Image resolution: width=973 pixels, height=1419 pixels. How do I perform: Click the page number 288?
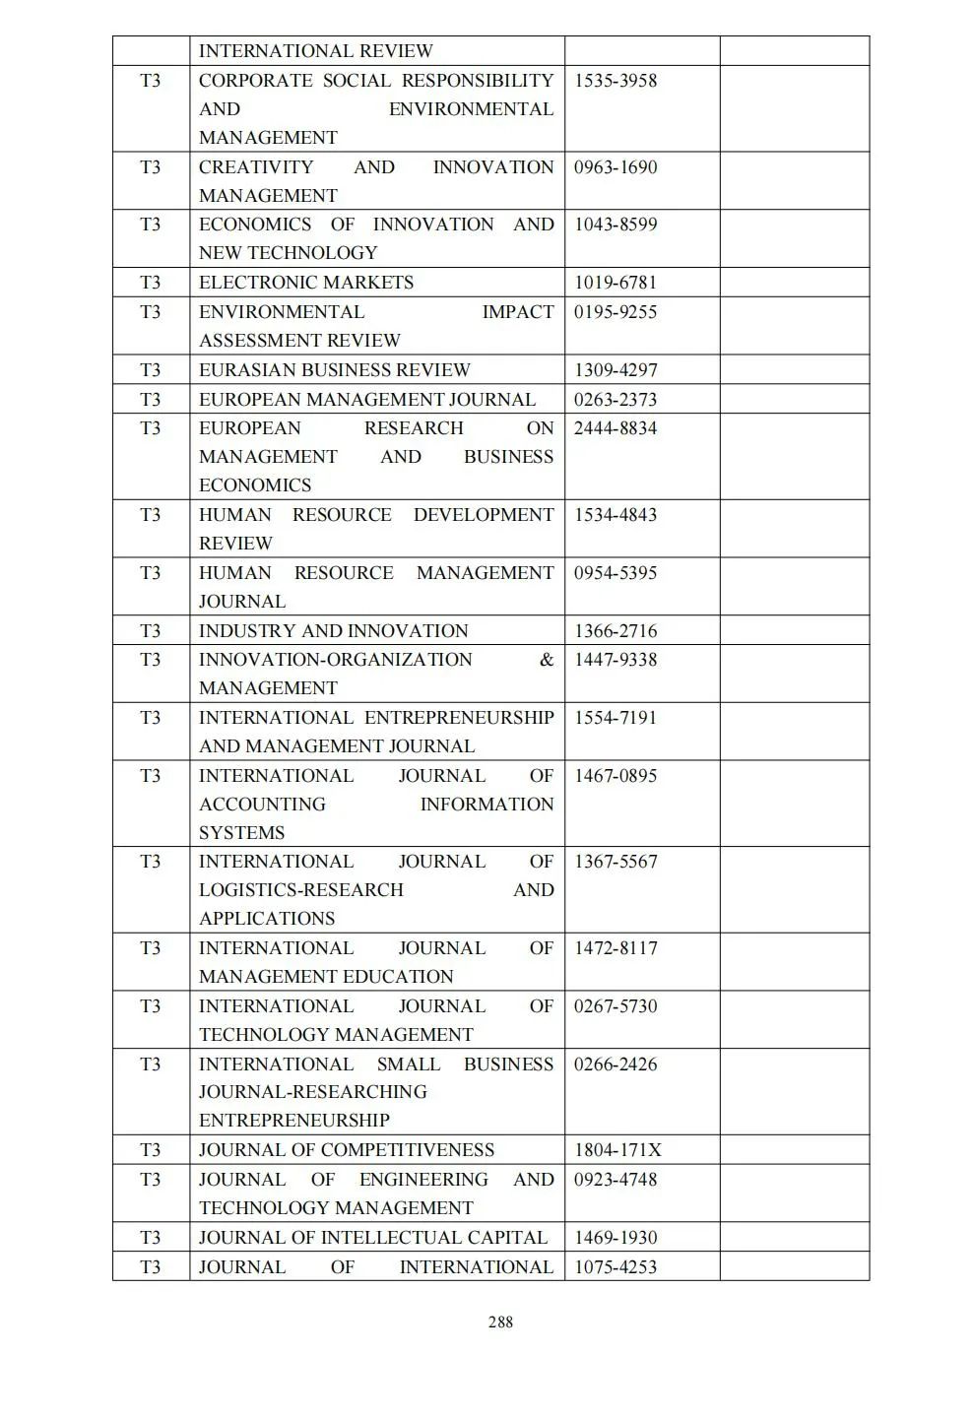tap(500, 1322)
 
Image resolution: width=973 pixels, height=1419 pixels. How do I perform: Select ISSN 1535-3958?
tap(616, 81)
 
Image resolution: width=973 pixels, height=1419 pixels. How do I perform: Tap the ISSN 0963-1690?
tap(616, 167)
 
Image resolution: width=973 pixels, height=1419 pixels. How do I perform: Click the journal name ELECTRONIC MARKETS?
tap(306, 283)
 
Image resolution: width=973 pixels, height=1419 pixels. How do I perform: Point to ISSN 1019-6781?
tap(616, 283)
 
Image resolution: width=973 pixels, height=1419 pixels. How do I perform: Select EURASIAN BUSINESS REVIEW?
tap(335, 370)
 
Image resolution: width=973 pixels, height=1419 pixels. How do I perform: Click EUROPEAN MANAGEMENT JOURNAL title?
tap(367, 400)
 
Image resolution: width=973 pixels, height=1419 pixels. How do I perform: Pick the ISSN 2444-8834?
tap(616, 428)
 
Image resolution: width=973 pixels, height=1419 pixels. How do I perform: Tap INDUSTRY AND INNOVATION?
tap(334, 631)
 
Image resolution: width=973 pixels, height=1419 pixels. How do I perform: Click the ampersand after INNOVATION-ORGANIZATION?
tap(547, 660)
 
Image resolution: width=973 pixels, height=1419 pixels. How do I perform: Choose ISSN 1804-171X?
tap(618, 1150)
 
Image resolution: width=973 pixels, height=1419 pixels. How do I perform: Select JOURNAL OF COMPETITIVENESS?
tap(347, 1150)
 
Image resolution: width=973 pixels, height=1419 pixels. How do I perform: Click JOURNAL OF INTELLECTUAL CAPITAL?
tap(373, 1238)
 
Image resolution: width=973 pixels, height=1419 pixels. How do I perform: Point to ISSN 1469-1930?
tap(616, 1238)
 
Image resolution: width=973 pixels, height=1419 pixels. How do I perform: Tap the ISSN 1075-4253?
tap(616, 1267)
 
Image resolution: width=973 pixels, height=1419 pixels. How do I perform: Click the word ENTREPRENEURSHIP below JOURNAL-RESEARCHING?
tap(294, 1121)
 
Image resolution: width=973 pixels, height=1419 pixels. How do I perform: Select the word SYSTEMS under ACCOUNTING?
tap(241, 833)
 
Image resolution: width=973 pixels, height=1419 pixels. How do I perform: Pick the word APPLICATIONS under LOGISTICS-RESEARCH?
tap(267, 919)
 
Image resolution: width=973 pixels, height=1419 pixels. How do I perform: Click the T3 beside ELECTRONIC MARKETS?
tap(151, 283)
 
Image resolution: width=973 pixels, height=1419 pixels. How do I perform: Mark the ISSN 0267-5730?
tap(616, 1006)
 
